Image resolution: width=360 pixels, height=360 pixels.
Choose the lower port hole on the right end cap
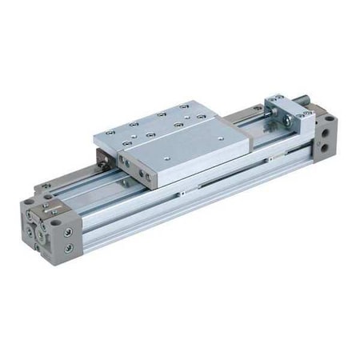[x=323, y=149]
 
